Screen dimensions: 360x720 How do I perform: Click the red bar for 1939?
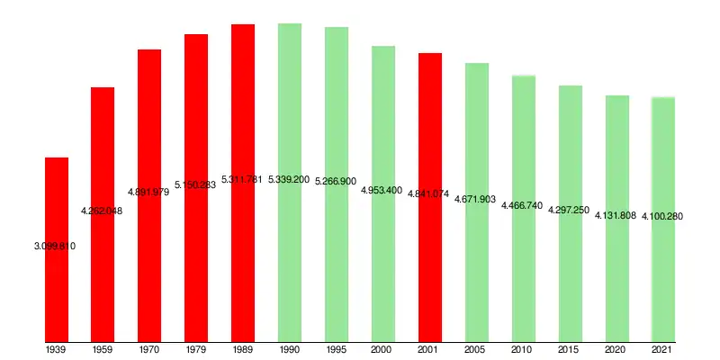(x=57, y=288)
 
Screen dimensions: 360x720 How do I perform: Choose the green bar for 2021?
(x=663, y=270)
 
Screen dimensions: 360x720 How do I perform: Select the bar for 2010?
(x=524, y=270)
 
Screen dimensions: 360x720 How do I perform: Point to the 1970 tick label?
(x=149, y=349)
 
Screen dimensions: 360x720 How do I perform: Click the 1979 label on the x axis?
(x=196, y=349)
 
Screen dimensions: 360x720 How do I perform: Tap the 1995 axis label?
(x=337, y=349)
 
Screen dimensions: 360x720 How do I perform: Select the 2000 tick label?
(x=383, y=349)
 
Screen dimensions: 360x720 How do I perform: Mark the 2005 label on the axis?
(x=477, y=349)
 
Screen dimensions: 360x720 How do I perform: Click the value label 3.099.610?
(x=54, y=246)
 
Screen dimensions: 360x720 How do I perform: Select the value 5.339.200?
(x=289, y=180)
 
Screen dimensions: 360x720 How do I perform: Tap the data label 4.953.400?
(x=382, y=191)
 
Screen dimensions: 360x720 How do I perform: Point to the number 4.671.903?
(x=475, y=199)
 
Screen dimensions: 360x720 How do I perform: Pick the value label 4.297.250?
(x=569, y=210)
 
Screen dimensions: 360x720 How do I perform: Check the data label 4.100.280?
(x=662, y=216)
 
